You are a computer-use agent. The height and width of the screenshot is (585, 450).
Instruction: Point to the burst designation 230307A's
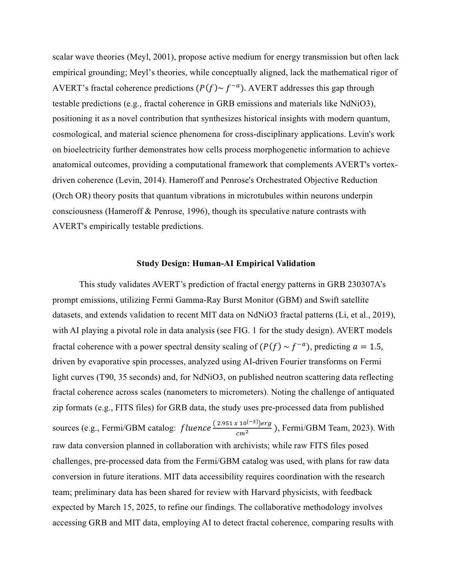point(366,284)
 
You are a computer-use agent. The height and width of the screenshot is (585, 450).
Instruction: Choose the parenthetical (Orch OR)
point(71,196)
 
